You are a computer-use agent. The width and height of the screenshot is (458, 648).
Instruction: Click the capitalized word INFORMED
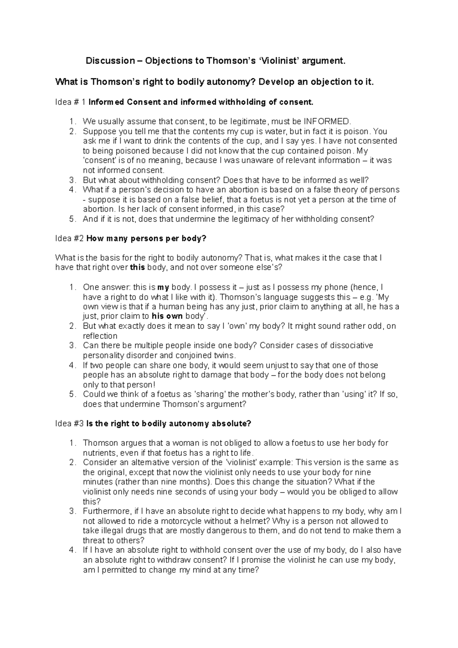point(326,122)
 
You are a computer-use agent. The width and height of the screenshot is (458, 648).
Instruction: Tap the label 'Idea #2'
point(70,238)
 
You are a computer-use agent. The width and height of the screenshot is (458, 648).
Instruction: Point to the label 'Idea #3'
point(70,423)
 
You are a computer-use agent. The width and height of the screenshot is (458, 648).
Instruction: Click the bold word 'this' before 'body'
point(137,267)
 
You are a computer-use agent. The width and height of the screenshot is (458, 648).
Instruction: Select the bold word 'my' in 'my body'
point(163,287)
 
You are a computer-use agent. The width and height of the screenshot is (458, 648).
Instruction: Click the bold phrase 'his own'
point(167,316)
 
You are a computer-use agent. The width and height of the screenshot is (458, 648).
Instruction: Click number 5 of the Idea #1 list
point(72,219)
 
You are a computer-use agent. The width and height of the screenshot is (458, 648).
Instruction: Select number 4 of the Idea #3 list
point(72,550)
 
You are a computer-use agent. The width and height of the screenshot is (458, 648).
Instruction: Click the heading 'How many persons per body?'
point(147,238)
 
